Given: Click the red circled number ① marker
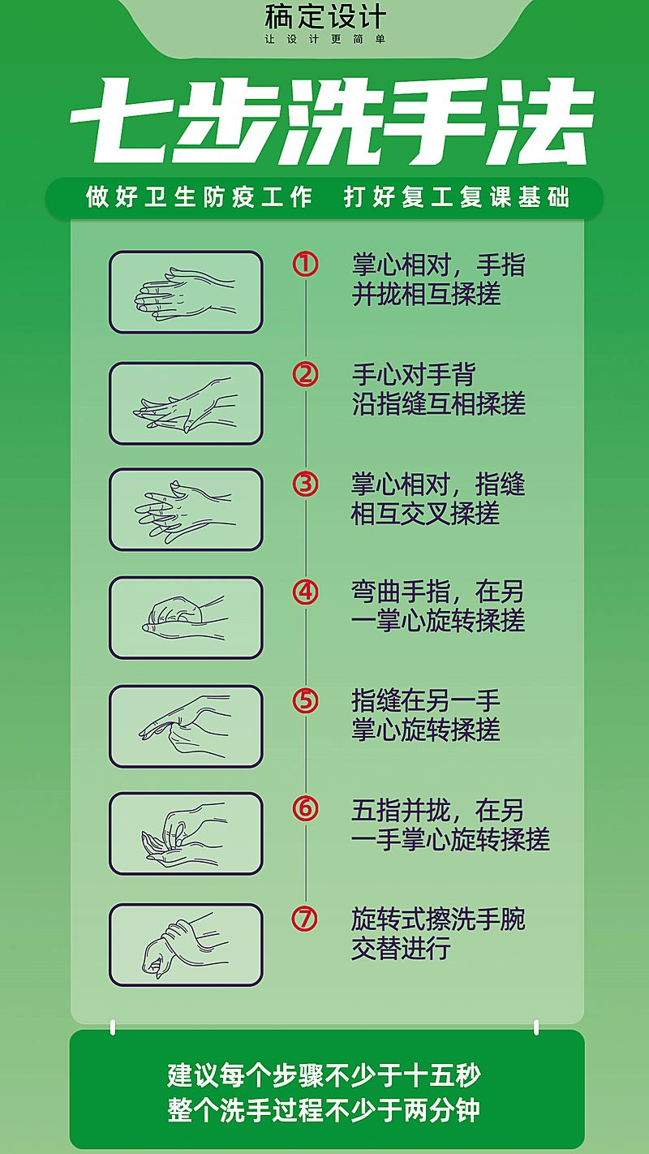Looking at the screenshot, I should pos(306,265).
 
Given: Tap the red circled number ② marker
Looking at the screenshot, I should pos(306,374).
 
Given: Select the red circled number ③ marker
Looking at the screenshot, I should pos(306,484).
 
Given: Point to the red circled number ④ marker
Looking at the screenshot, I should pos(306,592).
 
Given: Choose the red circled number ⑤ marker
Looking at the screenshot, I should pos(306,700).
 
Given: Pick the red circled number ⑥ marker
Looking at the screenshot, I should pos(306,808).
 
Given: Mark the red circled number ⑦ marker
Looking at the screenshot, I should pos(306,919).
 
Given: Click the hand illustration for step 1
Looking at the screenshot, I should pos(186,292).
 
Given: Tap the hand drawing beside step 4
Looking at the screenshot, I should pos(186,618).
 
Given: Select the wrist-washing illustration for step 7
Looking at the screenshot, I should pos(186,945).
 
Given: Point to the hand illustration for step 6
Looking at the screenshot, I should pos(186,833).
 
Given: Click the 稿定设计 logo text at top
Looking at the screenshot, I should pos(325,17).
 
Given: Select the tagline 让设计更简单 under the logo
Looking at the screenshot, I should pos(325,39).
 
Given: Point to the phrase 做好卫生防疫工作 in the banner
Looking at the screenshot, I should pos(200,197).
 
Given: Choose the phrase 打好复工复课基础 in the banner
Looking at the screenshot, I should pos(457,197).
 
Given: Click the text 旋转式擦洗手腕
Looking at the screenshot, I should pos(438,919).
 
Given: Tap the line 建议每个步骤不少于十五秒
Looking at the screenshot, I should pos(324,1076).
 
